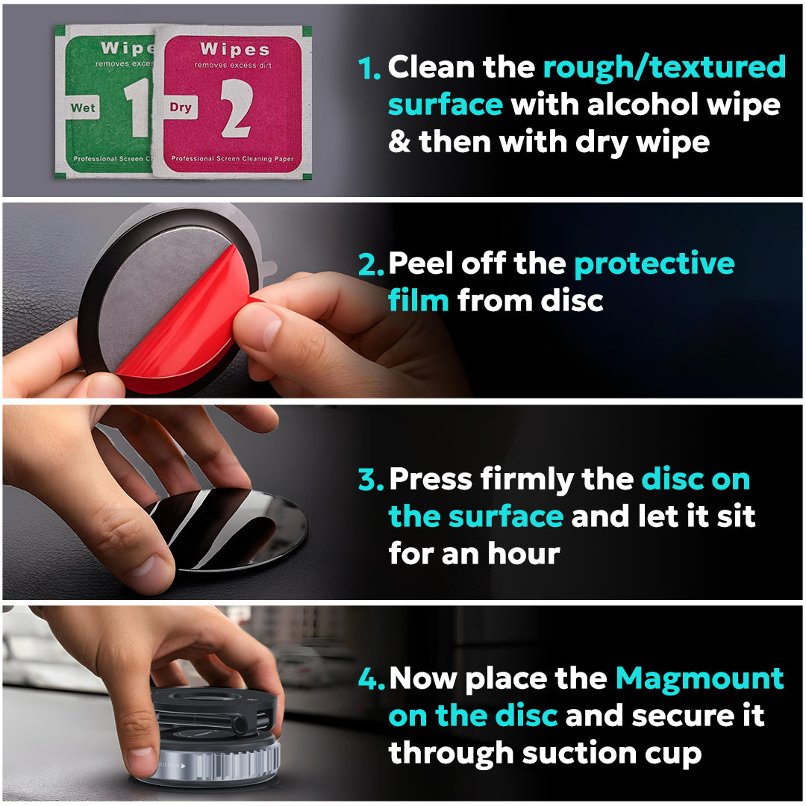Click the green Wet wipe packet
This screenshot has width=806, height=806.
tap(104, 101)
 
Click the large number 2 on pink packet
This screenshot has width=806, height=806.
tap(235, 108)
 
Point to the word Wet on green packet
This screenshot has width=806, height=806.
tap(83, 108)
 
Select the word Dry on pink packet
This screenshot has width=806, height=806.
tap(180, 107)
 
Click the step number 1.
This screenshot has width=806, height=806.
tap(370, 68)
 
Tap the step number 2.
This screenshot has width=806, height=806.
tap(371, 264)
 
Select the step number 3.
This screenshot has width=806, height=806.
tap(371, 479)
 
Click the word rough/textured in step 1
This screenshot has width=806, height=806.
tap(664, 67)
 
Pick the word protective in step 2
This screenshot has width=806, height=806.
tap(654, 263)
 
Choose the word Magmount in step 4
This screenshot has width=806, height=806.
tap(699, 678)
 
